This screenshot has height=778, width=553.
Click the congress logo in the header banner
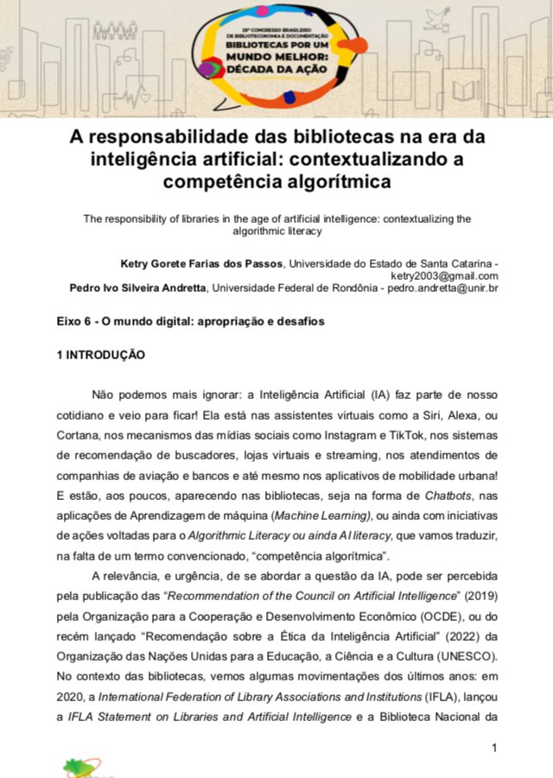pyautogui.click(x=276, y=53)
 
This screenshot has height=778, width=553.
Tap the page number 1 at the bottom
pyautogui.click(x=493, y=747)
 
